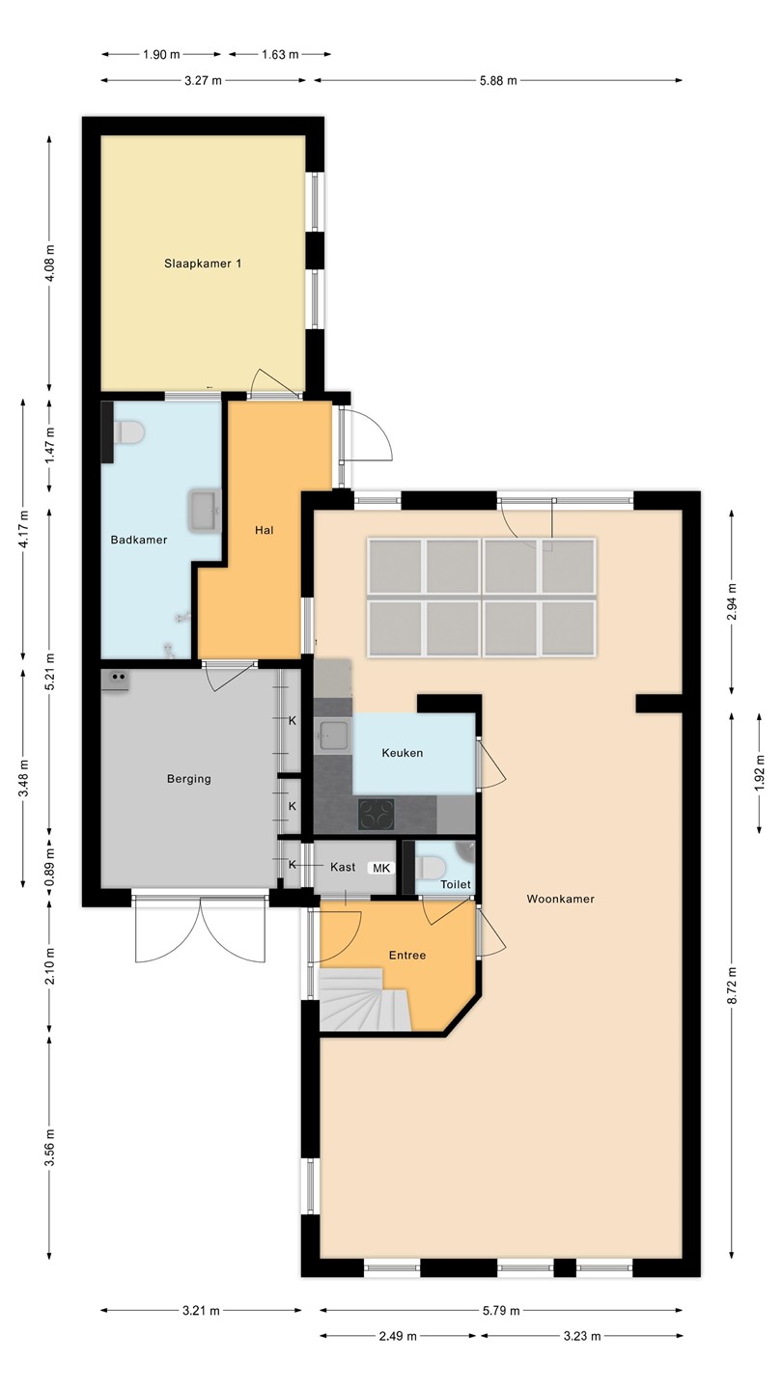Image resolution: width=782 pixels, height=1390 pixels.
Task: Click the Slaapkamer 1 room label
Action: coord(203,264)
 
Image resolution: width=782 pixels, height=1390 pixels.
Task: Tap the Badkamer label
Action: coord(139,540)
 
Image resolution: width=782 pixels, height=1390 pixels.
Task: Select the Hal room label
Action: coord(265,530)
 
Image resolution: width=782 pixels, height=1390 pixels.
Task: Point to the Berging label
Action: coord(189,779)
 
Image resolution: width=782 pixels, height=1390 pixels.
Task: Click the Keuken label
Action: coord(403,753)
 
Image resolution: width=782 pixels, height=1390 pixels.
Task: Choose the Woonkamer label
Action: coord(560,899)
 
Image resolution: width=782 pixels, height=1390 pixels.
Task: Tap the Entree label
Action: coord(407,955)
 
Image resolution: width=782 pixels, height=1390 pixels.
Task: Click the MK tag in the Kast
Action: coord(381,868)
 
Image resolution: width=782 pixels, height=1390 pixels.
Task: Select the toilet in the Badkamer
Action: coord(130,431)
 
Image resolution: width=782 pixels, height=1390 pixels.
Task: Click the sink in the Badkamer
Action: coord(205,511)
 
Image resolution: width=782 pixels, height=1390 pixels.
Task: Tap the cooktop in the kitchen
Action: coord(377,814)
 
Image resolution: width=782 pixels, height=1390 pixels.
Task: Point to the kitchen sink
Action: coord(333,736)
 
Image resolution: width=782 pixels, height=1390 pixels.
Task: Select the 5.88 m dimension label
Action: coord(498,81)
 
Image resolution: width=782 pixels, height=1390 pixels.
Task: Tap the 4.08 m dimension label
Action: coord(50,264)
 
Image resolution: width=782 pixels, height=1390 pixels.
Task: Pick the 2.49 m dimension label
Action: coord(399,1336)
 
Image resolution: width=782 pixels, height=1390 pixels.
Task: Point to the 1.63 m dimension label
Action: coord(281,55)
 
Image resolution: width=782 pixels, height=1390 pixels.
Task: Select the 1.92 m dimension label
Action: coord(759,773)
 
